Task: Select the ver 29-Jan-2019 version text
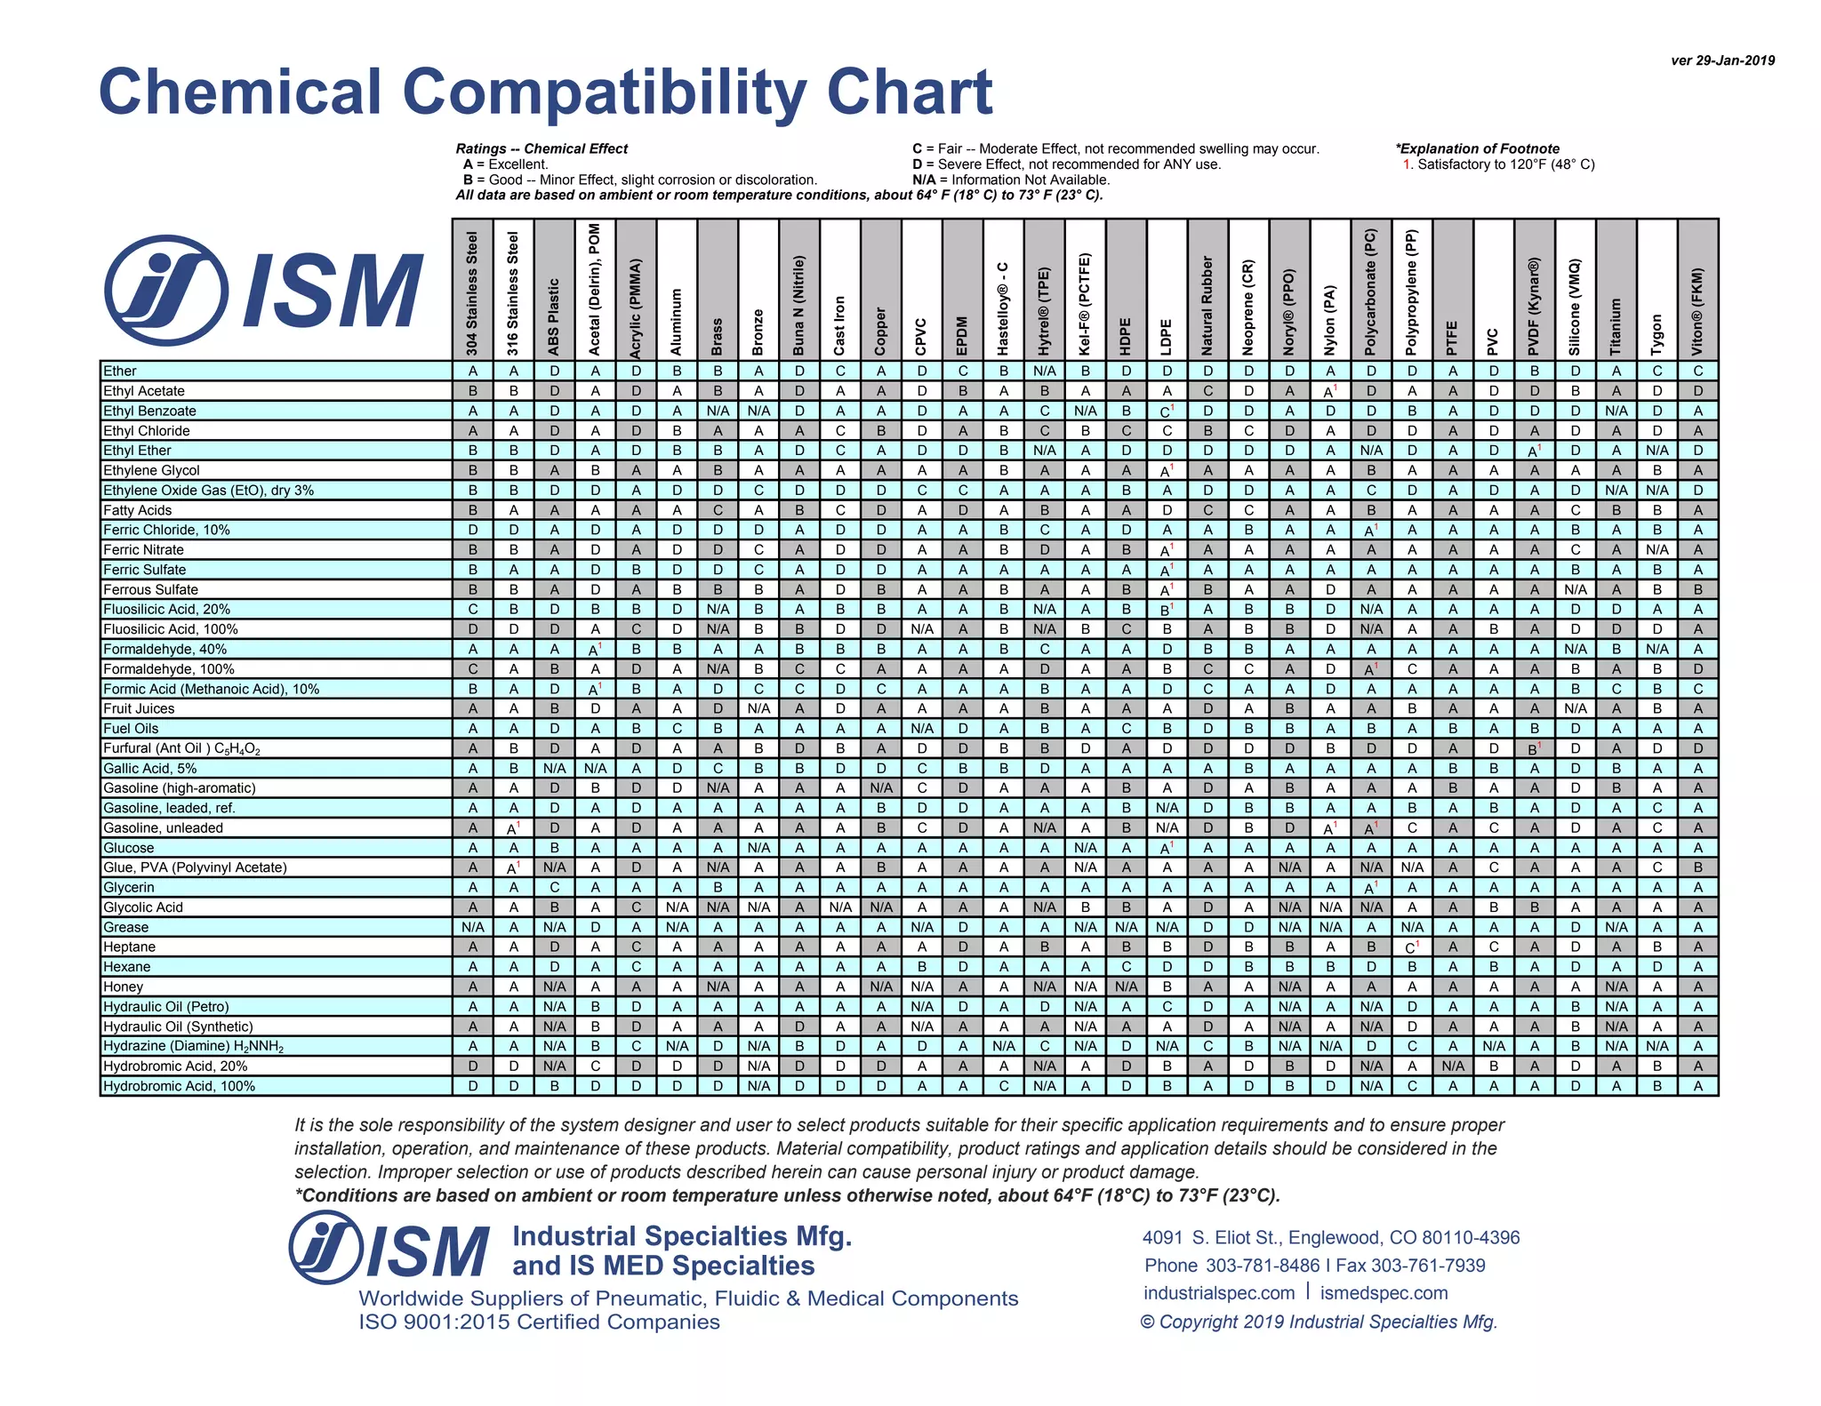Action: click(1722, 60)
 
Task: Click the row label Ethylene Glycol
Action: click(151, 470)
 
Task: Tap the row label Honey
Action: click(123, 987)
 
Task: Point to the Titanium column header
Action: click(1616, 325)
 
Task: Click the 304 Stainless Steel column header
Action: click(472, 293)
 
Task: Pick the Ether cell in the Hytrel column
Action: click(1045, 371)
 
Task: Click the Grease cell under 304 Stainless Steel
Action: click(472, 927)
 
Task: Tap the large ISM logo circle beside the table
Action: click(166, 290)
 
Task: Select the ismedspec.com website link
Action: click(1384, 1293)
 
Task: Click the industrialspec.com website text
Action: click(1219, 1293)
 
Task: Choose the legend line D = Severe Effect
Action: click(1066, 164)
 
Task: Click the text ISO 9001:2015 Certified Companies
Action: click(539, 1322)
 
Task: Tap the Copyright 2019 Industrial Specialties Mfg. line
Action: click(1319, 1322)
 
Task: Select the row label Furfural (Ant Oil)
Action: click(181, 748)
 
